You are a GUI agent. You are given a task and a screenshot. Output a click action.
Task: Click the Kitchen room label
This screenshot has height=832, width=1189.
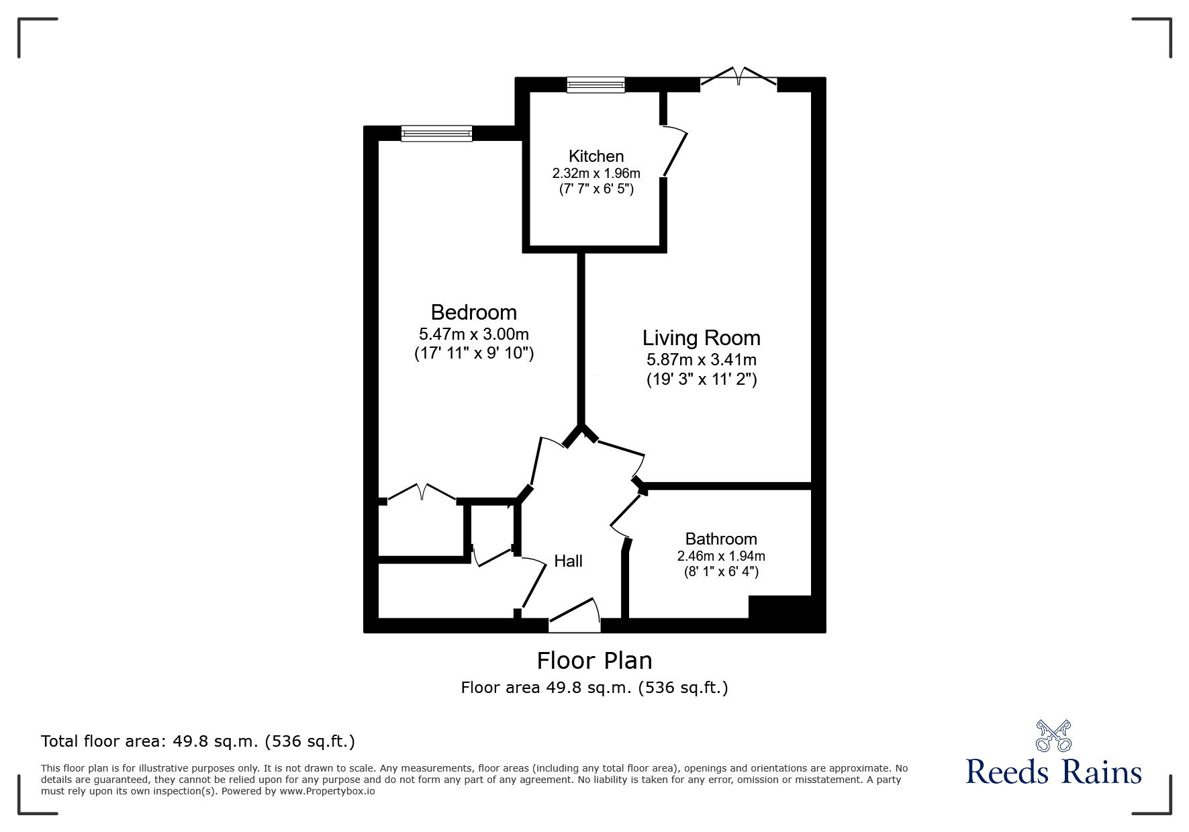[596, 156]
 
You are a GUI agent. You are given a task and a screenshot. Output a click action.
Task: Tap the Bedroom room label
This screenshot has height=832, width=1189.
[473, 312]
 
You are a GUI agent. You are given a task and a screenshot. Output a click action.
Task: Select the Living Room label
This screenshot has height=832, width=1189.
[701, 338]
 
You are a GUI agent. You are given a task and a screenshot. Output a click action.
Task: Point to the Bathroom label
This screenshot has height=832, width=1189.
[720, 539]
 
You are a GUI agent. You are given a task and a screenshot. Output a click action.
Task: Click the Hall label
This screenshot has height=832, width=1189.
[568, 561]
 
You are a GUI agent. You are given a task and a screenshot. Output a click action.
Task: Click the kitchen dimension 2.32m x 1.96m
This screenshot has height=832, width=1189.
[596, 174]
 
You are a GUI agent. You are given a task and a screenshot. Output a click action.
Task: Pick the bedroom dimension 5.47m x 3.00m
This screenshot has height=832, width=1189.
[473, 334]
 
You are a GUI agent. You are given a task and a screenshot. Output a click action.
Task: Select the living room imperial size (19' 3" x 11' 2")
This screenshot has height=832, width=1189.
[701, 379]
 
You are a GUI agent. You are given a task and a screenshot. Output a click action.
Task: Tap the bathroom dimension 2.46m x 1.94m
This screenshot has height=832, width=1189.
[720, 556]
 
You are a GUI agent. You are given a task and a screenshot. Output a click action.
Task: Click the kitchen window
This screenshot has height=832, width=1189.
[596, 85]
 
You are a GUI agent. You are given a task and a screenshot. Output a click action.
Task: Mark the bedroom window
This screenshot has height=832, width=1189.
[436, 134]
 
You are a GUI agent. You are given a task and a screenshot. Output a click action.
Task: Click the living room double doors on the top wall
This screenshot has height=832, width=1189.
[739, 77]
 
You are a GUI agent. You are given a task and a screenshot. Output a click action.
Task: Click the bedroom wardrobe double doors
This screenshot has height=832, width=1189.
[422, 494]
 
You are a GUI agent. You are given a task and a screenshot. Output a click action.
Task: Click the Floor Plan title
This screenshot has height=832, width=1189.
[594, 661]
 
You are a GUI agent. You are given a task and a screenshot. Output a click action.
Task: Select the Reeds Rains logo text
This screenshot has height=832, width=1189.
[1053, 772]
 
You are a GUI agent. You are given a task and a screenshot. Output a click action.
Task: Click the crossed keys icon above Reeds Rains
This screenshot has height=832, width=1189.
[1053, 736]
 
